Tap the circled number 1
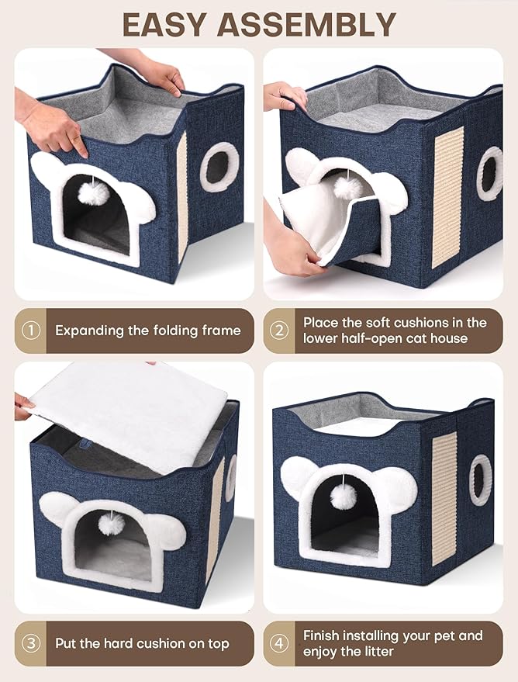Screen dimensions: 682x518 (x=31, y=331)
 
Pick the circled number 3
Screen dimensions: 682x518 (x=31, y=643)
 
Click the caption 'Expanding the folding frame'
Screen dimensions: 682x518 (x=147, y=331)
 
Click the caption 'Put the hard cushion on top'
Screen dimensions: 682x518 (x=142, y=643)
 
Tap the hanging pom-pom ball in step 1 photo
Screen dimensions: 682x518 (x=93, y=194)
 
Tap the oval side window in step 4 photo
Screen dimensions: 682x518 (x=480, y=480)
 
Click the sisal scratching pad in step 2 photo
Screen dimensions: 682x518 (x=447, y=197)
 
